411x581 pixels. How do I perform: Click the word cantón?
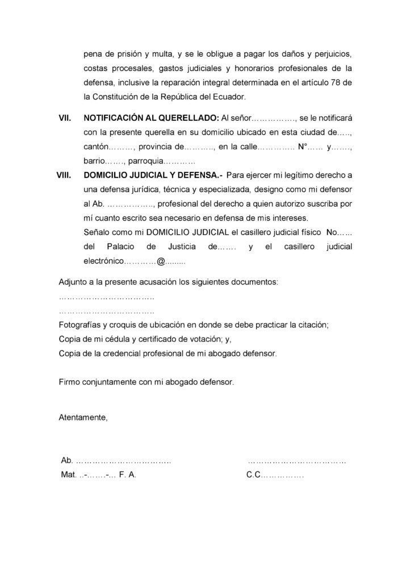(x=95, y=148)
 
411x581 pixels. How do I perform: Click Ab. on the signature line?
(x=66, y=460)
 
